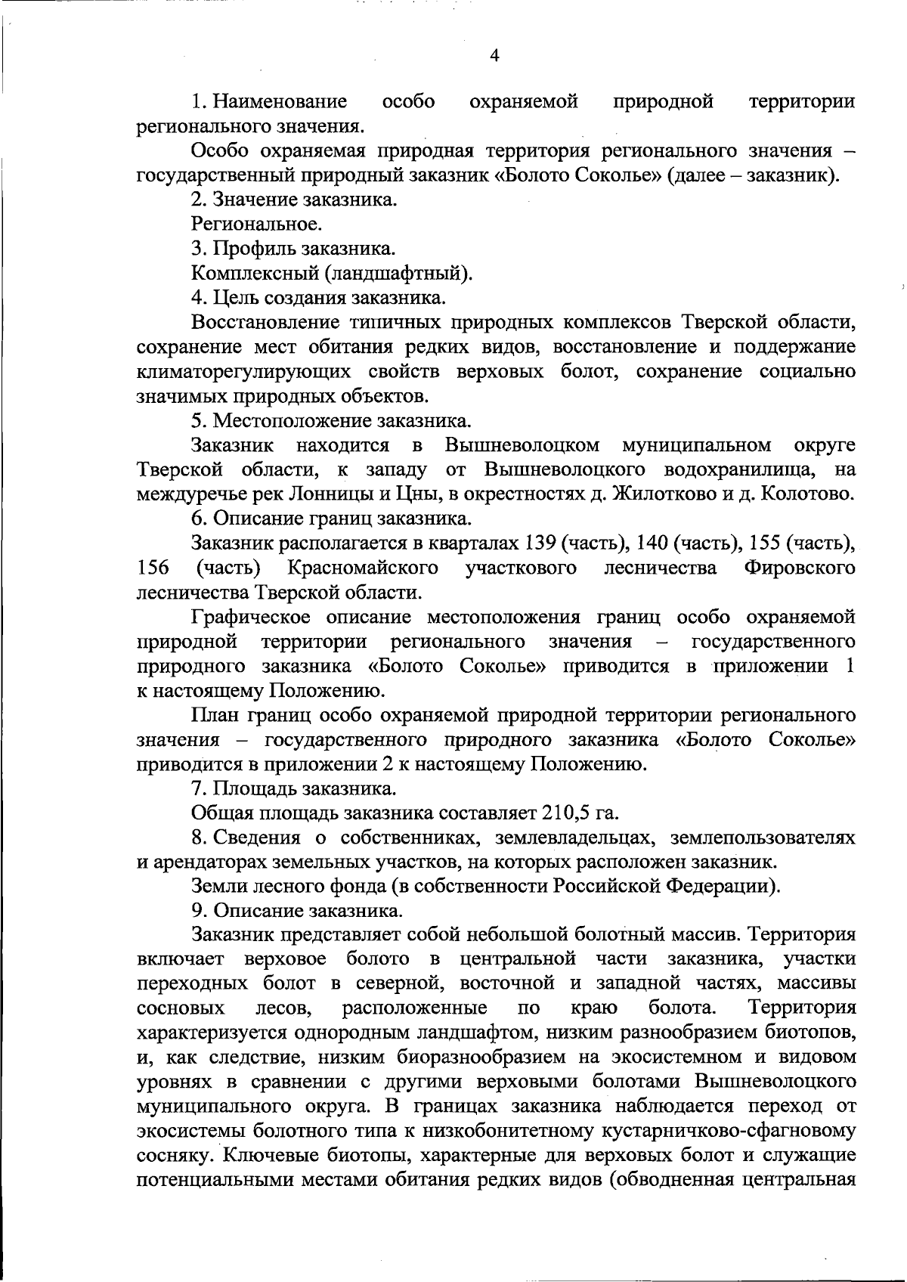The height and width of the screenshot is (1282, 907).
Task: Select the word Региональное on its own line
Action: [256, 225]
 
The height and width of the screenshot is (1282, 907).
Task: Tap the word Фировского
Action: [800, 567]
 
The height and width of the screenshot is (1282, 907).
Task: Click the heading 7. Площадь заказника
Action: [293, 789]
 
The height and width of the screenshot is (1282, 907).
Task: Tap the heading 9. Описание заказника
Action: [297, 911]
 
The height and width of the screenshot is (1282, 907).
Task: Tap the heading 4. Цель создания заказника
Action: [317, 297]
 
